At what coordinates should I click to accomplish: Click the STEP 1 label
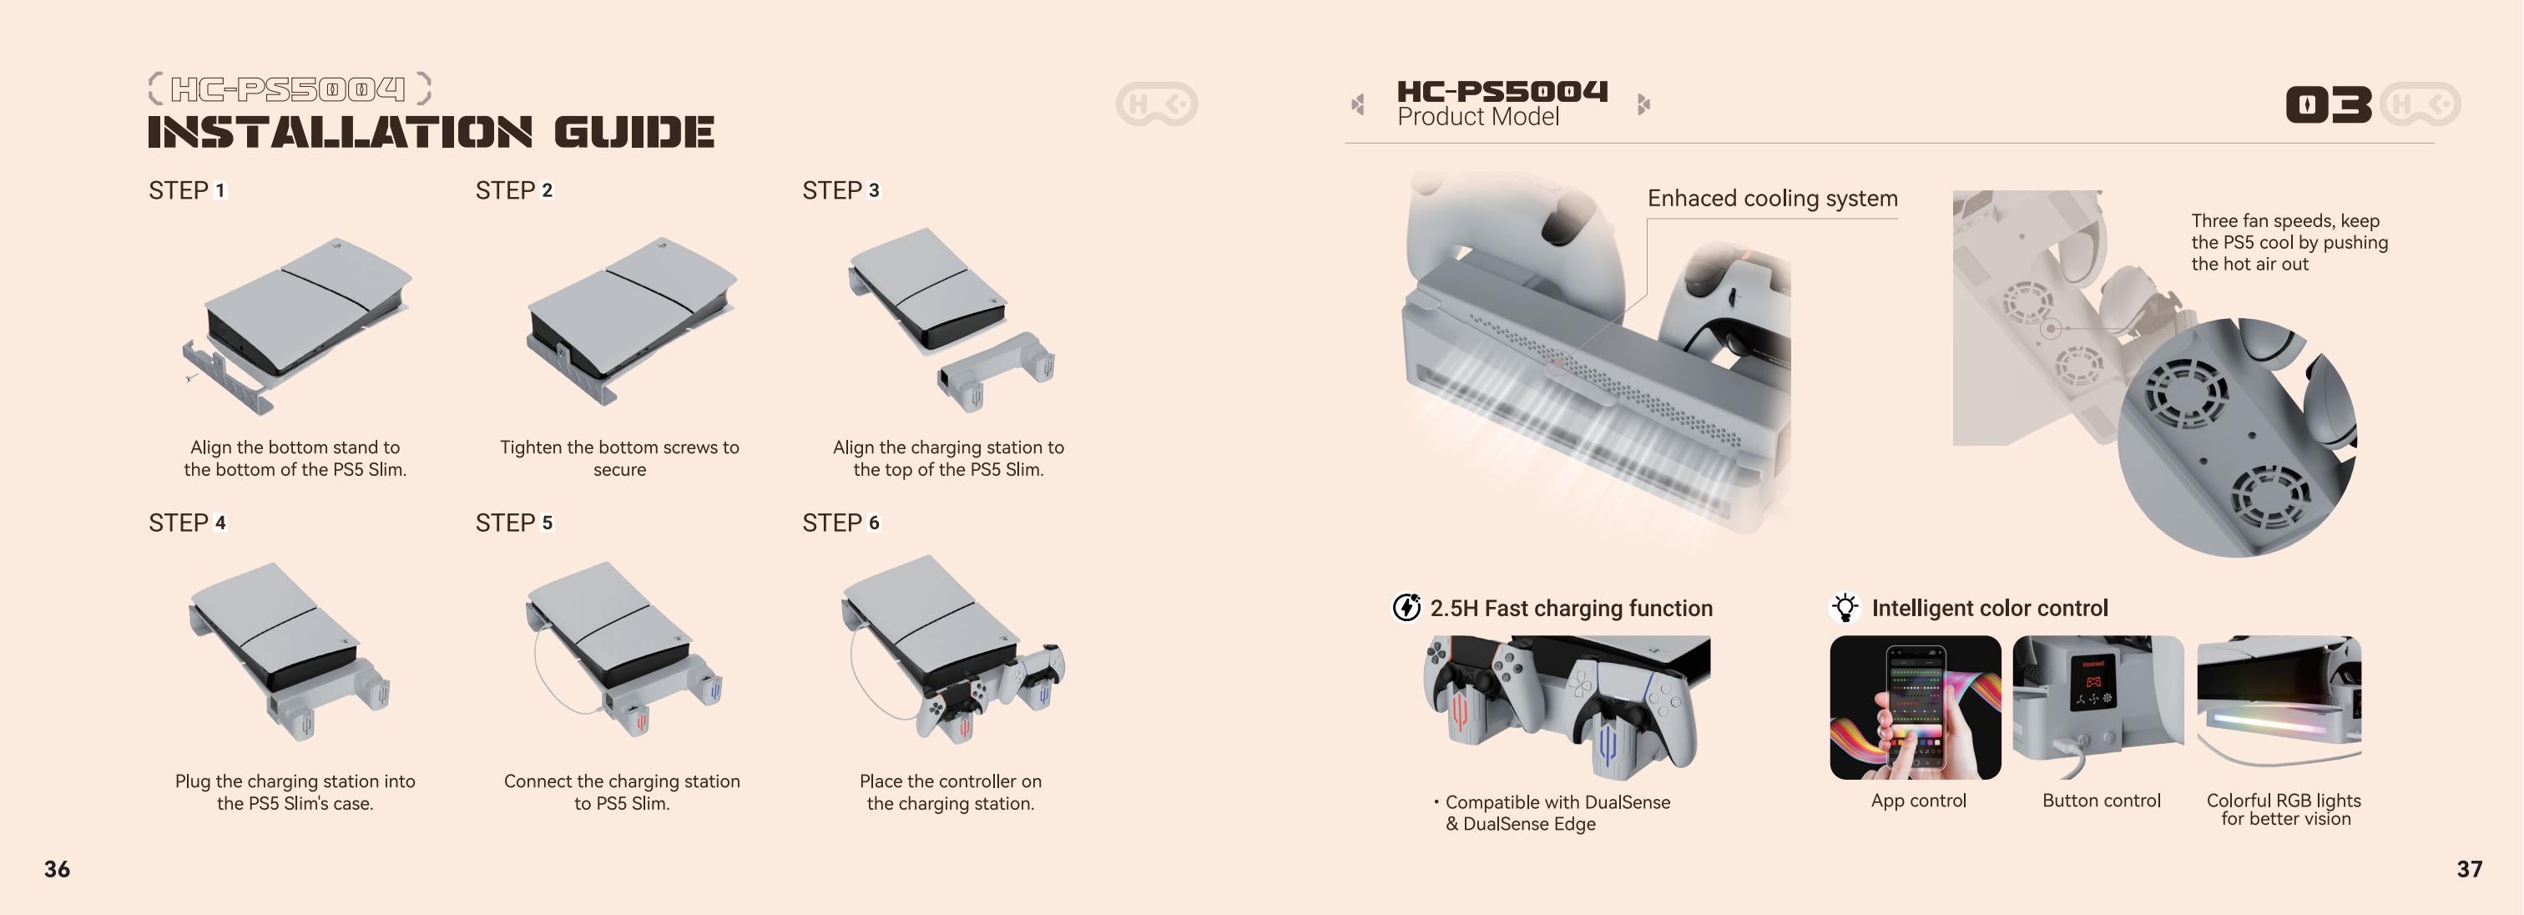tap(187, 190)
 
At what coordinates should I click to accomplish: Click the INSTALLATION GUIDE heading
tap(432, 132)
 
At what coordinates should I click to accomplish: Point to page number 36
tap(57, 869)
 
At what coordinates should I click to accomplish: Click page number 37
tap(2469, 869)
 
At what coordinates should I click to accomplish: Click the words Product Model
tap(1477, 118)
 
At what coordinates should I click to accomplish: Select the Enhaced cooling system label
tap(1773, 199)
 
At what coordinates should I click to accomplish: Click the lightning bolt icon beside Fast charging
tap(1407, 609)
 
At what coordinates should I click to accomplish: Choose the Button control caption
tap(2101, 801)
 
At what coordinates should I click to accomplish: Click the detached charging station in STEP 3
tap(996, 372)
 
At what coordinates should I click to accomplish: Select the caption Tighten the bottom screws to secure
tap(619, 458)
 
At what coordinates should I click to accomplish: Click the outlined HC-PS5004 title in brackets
tap(288, 89)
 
